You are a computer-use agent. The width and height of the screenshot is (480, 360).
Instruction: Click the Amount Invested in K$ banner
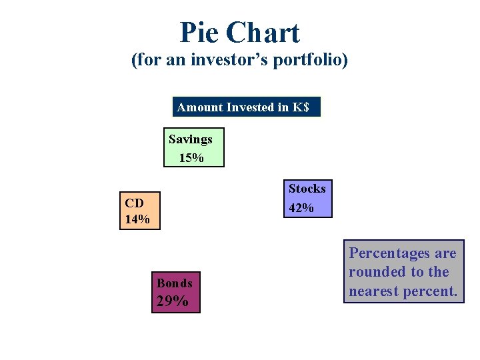point(247,107)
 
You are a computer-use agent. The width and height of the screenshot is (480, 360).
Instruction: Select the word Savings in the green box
point(191,139)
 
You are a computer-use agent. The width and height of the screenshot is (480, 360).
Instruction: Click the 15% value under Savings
point(191,157)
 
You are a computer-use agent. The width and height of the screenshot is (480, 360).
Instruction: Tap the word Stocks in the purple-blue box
point(307,189)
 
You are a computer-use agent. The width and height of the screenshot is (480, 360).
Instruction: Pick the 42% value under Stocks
point(301,208)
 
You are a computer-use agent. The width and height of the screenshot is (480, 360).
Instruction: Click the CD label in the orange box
point(133,201)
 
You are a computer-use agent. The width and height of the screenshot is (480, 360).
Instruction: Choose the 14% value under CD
point(137,219)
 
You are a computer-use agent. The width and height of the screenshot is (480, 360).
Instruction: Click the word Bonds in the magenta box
point(174,283)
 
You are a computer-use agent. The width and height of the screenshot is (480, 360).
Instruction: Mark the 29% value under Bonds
point(172,301)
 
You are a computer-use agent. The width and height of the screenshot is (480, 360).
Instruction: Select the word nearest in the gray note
point(374,291)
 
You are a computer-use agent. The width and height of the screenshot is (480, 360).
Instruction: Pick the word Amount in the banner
point(200,107)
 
